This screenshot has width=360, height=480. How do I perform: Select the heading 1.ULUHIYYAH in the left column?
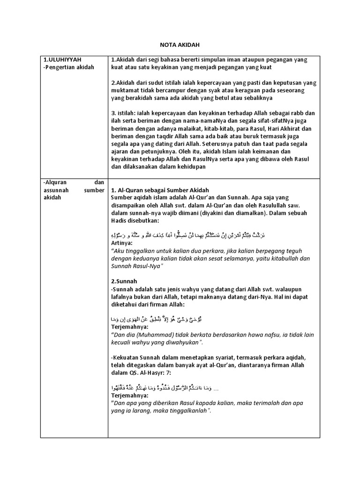pyautogui.click(x=62, y=60)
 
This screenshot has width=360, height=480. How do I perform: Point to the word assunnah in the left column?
pyautogui.click(x=56, y=190)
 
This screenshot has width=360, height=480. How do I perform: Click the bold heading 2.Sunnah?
pyautogui.click(x=124, y=281)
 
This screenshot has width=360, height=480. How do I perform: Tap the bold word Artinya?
pyautogui.click(x=122, y=243)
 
